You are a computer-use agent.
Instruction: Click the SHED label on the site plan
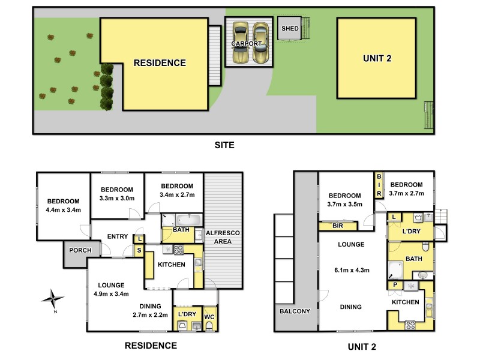click(x=290, y=28)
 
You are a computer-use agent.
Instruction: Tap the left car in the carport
click(x=241, y=43)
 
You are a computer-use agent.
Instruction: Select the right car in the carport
click(x=260, y=43)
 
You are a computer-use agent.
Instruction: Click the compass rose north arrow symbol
click(x=54, y=298)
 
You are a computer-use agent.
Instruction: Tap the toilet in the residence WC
click(x=209, y=325)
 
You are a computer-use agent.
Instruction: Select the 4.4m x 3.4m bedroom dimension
click(x=63, y=209)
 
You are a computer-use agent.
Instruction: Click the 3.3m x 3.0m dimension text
click(x=117, y=199)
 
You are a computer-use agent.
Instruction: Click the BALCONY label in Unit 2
click(x=295, y=311)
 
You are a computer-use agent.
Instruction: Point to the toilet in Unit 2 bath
click(x=424, y=246)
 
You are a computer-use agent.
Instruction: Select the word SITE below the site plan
click(x=224, y=145)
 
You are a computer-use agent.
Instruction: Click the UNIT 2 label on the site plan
click(x=377, y=58)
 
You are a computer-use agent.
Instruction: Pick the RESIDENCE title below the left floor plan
click(x=150, y=345)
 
